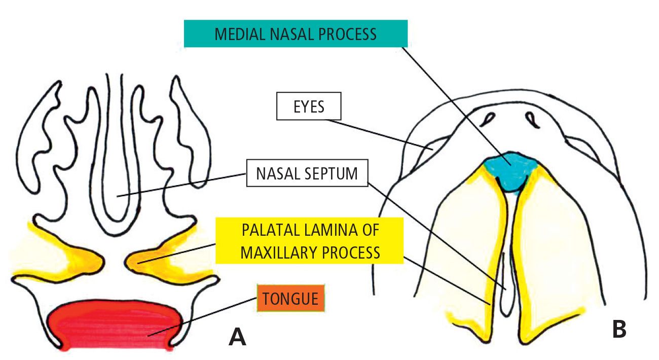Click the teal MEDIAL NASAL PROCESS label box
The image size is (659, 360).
coord(296,34)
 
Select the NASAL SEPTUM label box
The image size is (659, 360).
coord(307,174)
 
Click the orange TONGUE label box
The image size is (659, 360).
coord(290,298)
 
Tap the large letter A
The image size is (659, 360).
coord(237,336)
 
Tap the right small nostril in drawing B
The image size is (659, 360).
coord(533,119)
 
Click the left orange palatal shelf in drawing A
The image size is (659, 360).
coord(76,254)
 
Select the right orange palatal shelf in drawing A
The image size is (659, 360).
coord(152,254)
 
